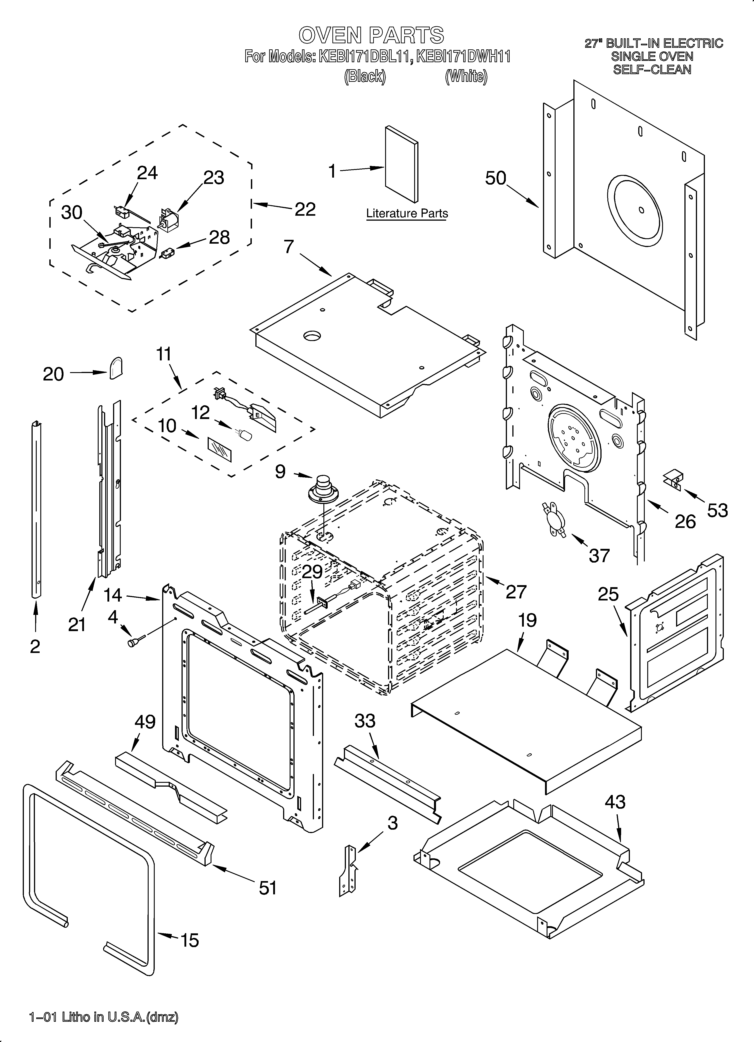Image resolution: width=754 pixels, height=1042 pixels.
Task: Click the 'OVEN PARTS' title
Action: pos(371,35)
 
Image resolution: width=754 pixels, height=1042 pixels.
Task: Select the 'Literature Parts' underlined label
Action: pos(407,214)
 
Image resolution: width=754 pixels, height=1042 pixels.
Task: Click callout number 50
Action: pos(495,178)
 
